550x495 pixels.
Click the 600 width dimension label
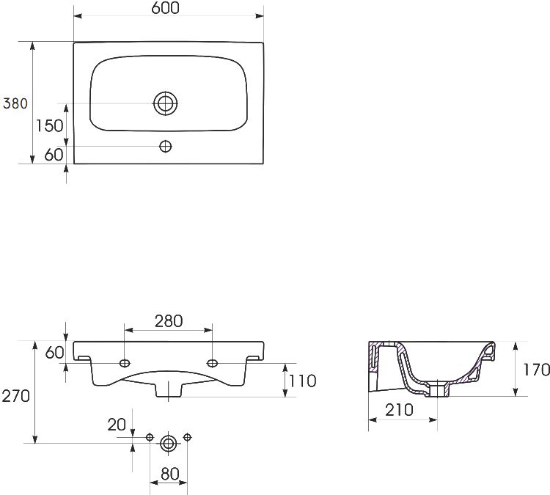(165, 8)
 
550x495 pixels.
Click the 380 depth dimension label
(15, 103)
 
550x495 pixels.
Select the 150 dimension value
(49, 125)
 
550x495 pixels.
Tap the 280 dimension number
(169, 321)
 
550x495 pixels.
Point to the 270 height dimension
(16, 396)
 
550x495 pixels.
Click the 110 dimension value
(302, 381)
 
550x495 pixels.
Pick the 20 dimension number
(117, 425)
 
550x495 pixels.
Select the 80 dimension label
(170, 474)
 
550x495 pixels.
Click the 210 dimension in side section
(399, 410)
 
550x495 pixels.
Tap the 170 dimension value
(536, 370)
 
